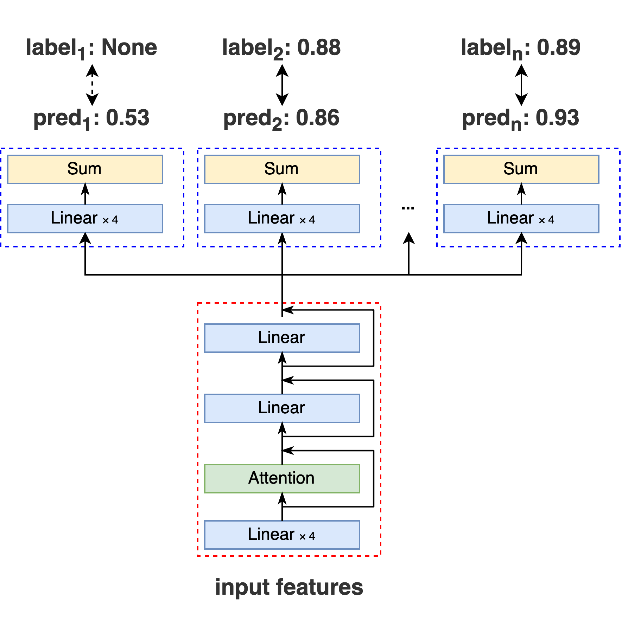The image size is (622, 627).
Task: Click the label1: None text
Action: point(91,48)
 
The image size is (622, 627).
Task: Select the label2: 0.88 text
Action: point(281,48)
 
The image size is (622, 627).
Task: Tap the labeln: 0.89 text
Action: point(521,48)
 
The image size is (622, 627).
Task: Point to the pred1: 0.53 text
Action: point(91,118)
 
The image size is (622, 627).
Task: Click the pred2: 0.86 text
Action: point(281,118)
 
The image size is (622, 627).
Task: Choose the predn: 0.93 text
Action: point(521,118)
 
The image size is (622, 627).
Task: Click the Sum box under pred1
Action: point(85,169)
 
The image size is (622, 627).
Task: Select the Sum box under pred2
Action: point(282,169)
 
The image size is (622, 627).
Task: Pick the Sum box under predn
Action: point(521,169)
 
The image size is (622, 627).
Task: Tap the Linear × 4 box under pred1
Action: point(85,219)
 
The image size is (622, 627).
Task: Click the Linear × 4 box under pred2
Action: point(282,219)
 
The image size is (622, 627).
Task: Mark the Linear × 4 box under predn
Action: point(521,219)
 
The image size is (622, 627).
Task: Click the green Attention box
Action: point(282,479)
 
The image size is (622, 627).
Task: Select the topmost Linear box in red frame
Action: point(282,338)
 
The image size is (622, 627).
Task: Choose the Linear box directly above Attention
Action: point(282,408)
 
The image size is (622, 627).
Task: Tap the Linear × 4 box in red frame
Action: point(282,535)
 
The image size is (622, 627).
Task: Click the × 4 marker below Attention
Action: point(307,536)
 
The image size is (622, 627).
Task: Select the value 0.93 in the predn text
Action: point(557,118)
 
